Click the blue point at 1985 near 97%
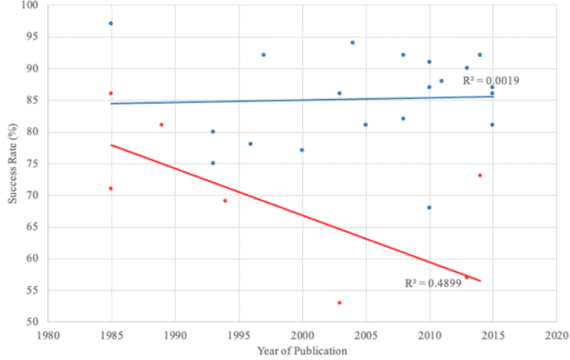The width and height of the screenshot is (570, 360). point(111,24)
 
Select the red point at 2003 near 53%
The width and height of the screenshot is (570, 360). point(340,303)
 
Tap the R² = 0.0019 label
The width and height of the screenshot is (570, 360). point(491,81)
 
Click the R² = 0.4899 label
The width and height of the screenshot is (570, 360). point(433,283)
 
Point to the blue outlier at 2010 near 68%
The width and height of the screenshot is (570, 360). point(429,208)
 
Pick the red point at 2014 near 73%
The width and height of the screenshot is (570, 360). point(480,175)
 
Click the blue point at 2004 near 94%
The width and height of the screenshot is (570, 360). point(353,43)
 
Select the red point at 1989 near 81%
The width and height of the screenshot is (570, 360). point(162,125)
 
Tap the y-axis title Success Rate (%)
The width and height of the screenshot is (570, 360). point(13,163)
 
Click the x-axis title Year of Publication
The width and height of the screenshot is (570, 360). point(302,351)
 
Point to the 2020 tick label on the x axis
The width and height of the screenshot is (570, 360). point(557,336)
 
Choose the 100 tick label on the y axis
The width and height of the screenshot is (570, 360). point(30,5)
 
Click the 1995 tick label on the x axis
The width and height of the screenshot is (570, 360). point(239,336)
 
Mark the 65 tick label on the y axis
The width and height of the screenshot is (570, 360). point(33,226)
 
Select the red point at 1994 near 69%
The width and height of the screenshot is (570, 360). point(225,201)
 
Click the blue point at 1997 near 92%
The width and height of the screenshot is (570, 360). point(263,55)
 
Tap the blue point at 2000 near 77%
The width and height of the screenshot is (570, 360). point(302,150)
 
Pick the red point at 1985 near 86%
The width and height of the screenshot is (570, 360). point(111,94)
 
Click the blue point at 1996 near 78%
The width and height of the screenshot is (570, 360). point(251,144)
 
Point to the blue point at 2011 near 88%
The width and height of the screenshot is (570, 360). point(442,81)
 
